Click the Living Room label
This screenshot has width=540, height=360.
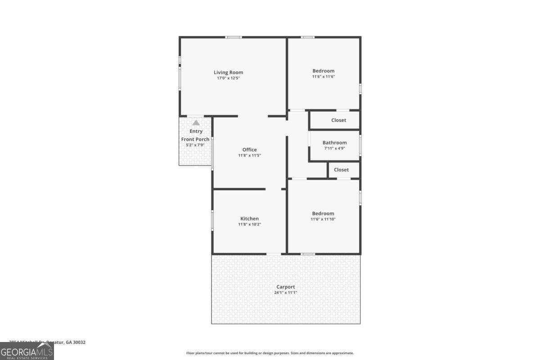click(228, 72)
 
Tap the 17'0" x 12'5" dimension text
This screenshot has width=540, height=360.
click(228, 78)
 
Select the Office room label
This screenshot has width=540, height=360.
click(249, 149)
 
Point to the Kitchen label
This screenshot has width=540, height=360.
click(249, 219)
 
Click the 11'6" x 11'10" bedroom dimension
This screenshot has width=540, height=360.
click(323, 219)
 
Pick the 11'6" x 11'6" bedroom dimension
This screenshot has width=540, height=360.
click(323, 76)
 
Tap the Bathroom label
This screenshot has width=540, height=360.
click(334, 143)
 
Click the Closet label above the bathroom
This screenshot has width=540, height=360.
click(338, 120)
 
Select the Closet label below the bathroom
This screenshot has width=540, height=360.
click(341, 170)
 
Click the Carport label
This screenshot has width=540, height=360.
click(286, 287)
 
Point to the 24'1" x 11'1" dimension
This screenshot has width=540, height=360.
click(286, 292)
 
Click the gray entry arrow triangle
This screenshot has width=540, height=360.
click(196, 122)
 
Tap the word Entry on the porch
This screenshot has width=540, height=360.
click(196, 131)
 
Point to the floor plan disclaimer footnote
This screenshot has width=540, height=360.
click(270, 353)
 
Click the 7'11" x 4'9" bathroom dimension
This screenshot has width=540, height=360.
click(334, 148)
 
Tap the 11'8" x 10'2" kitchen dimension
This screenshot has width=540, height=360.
click(249, 224)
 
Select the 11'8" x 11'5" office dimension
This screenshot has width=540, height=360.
click(249, 155)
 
